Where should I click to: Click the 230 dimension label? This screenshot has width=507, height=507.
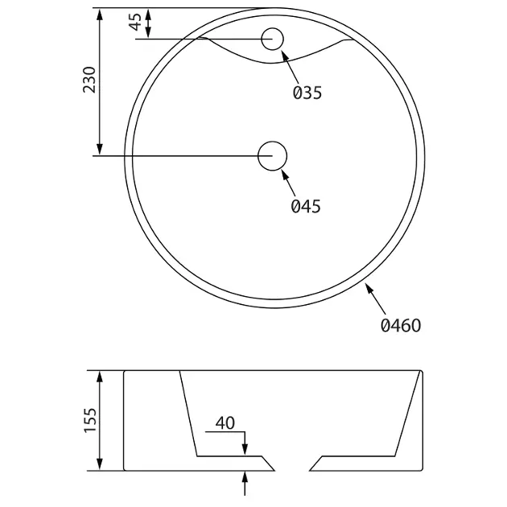click(89, 80)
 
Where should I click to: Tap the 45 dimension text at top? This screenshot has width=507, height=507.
click(136, 22)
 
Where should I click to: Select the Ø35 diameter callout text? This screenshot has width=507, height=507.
click(307, 93)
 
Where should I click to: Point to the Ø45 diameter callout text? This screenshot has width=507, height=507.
click(306, 206)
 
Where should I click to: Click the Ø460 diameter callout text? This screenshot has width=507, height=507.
click(401, 325)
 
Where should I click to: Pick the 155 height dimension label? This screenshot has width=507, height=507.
click(90, 420)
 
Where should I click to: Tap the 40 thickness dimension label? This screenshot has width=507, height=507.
click(225, 423)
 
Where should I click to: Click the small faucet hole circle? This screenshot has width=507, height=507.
click(273, 39)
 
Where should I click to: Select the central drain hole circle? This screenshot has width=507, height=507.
click(272, 156)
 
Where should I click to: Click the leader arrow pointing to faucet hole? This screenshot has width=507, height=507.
click(290, 68)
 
